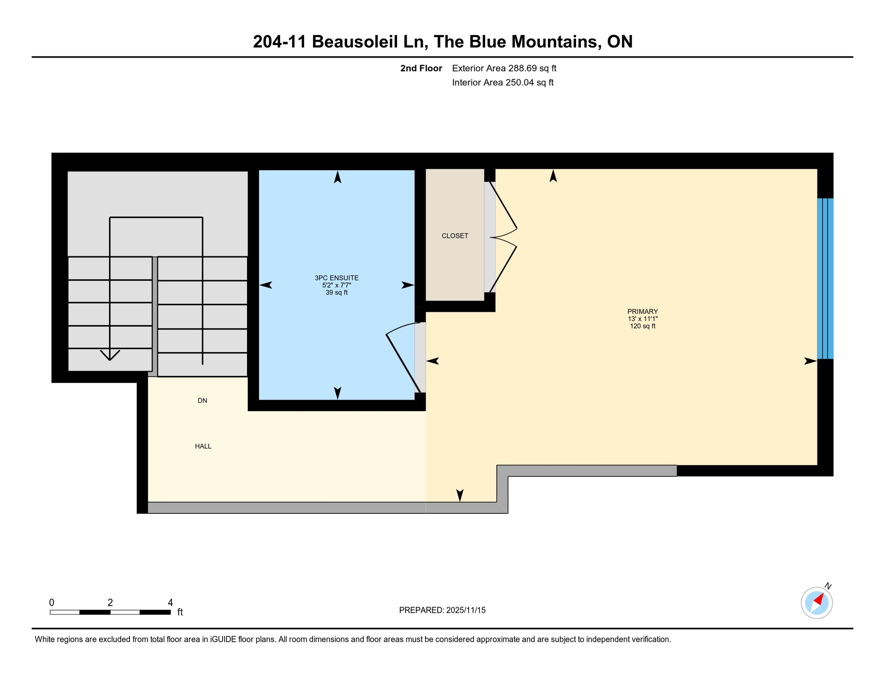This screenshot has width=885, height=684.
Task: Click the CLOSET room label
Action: (455, 236)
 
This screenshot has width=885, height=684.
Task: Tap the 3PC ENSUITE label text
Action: (337, 278)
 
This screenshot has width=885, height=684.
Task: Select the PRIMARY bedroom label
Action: (642, 312)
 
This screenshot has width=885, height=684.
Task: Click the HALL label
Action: (203, 446)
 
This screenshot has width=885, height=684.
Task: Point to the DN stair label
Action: (202, 401)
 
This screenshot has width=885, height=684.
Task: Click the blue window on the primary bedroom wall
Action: (825, 278)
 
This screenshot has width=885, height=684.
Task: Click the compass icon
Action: (816, 603)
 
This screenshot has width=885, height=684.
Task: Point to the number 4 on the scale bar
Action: (170, 603)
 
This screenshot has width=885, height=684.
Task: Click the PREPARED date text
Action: (442, 610)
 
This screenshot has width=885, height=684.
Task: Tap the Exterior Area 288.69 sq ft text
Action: (504, 68)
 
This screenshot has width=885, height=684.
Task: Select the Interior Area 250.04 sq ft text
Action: (503, 82)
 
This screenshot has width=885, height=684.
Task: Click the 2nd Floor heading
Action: (421, 68)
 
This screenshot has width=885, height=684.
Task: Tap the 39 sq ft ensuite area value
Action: (337, 293)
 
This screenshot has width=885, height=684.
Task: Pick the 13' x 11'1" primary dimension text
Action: (642, 319)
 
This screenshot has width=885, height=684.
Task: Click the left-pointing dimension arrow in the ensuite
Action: (266, 285)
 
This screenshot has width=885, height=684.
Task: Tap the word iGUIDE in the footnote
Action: (223, 639)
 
